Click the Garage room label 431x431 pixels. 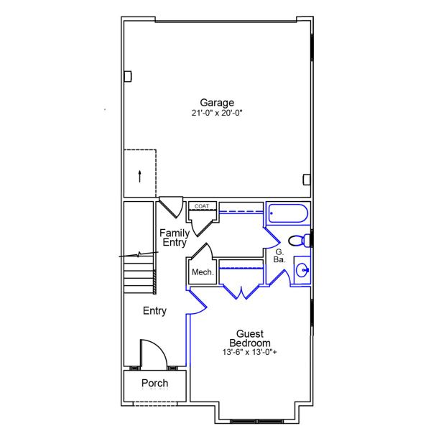pyautogui.click(x=217, y=103)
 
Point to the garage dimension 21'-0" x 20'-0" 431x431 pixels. pyautogui.click(x=217, y=113)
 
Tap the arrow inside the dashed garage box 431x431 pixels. pyautogui.click(x=139, y=175)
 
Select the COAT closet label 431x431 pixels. pyautogui.click(x=201, y=206)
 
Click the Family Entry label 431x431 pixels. pyautogui.click(x=175, y=238)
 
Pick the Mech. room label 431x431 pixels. pyautogui.click(x=200, y=272)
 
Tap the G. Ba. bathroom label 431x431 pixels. pyautogui.click(x=279, y=256)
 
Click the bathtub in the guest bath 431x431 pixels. pyautogui.click(x=287, y=214)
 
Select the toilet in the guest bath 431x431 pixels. pyautogui.click(x=300, y=240)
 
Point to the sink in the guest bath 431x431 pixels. pyautogui.click(x=302, y=272)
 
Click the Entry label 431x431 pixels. pyautogui.click(x=154, y=311)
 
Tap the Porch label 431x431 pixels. pyautogui.click(x=154, y=384)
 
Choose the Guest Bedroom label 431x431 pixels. pyautogui.click(x=250, y=338)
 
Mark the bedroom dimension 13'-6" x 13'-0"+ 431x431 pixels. pyautogui.click(x=250, y=352)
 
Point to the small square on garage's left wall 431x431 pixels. pyautogui.click(x=128, y=75)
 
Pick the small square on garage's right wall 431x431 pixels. pyautogui.click(x=307, y=179)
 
